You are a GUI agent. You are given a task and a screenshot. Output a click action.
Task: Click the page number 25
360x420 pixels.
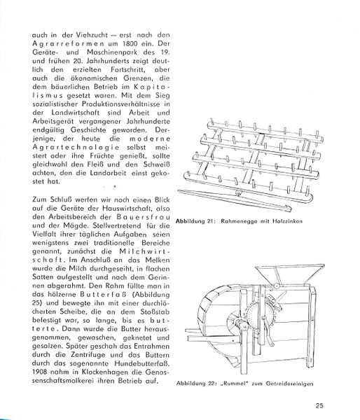(x=319, y=405)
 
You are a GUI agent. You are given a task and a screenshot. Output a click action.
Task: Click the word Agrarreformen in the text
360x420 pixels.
(x=68, y=43)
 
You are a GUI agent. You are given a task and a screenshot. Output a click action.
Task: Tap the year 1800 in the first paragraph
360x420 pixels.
(x=132, y=43)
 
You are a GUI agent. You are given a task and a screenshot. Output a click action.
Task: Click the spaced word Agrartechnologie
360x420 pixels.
(x=76, y=147)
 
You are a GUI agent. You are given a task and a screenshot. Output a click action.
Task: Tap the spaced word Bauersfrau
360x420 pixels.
(x=143, y=217)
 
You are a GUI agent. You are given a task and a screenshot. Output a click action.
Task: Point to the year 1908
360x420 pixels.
(x=40, y=372)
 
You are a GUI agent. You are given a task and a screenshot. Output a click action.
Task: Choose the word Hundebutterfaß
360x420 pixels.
(x=141, y=363)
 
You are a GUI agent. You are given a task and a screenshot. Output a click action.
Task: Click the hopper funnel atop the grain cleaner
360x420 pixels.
(x=289, y=274)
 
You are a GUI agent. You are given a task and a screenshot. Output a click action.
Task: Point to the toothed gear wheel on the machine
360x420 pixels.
(x=259, y=316)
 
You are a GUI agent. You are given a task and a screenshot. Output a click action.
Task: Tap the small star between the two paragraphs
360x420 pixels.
(x=114, y=186)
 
